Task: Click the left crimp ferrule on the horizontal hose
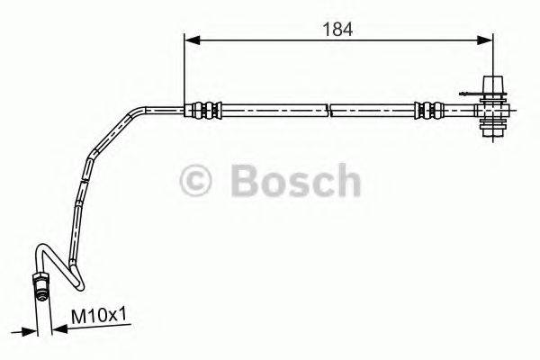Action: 203,111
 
